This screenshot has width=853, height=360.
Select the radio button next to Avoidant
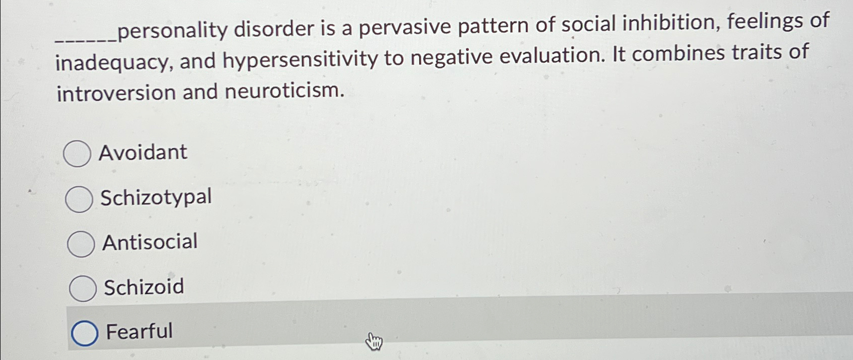(x=77, y=153)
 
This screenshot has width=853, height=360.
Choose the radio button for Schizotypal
(x=79, y=199)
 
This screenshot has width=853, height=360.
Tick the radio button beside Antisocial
(x=80, y=244)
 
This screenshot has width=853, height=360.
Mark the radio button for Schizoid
(x=82, y=289)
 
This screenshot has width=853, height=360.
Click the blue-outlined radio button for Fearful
(x=84, y=333)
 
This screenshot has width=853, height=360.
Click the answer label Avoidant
(x=143, y=152)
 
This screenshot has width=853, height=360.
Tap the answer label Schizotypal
(x=156, y=197)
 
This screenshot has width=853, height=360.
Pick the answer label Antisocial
(x=150, y=242)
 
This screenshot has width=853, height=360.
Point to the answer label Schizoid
(x=144, y=287)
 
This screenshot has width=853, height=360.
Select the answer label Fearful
(x=139, y=331)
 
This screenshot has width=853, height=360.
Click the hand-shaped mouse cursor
(x=374, y=342)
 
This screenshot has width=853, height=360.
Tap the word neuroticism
(x=285, y=91)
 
